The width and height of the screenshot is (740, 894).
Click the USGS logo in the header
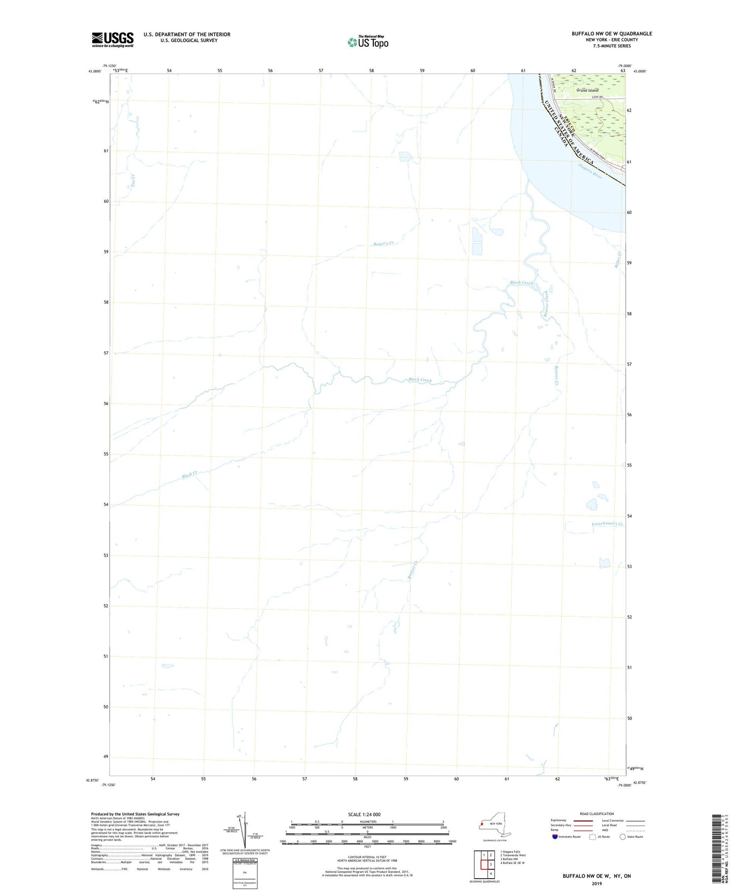(x=112, y=39)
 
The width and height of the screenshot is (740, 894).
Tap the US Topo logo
(x=368, y=42)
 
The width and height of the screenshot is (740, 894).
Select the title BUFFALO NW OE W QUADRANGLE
(x=611, y=34)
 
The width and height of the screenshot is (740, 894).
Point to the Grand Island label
(x=587, y=90)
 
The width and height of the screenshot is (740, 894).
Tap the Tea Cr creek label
(x=132, y=180)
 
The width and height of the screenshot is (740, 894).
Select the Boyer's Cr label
(x=384, y=244)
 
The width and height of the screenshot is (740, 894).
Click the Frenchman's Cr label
(x=607, y=524)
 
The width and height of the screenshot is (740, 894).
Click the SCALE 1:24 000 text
(x=364, y=814)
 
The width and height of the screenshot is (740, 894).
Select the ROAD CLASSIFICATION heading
(x=596, y=814)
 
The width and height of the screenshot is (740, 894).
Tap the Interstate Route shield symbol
(x=555, y=837)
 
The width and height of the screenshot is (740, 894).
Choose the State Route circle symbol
(x=623, y=837)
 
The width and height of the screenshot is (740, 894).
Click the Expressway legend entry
(x=558, y=821)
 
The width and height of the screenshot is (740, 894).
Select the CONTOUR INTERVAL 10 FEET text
(x=367, y=858)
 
